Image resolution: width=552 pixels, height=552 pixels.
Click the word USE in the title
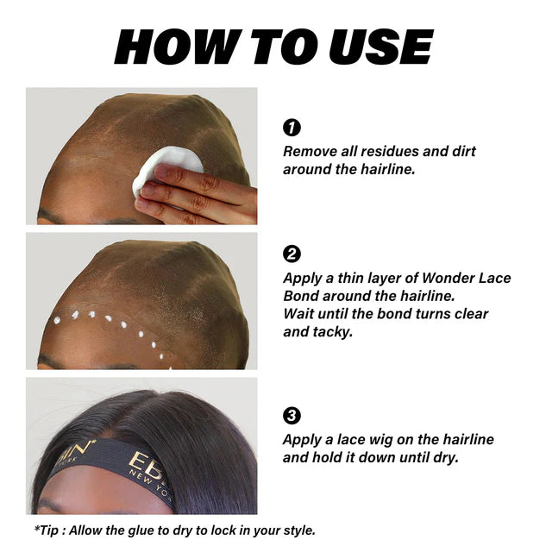(x=380, y=47)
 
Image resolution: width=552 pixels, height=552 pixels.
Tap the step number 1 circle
(x=292, y=128)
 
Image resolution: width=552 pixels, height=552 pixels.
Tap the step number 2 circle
(x=292, y=254)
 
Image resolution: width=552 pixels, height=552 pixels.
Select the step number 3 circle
(x=292, y=416)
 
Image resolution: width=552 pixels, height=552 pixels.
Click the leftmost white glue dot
(x=57, y=320)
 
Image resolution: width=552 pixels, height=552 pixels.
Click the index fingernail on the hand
(x=162, y=171)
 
